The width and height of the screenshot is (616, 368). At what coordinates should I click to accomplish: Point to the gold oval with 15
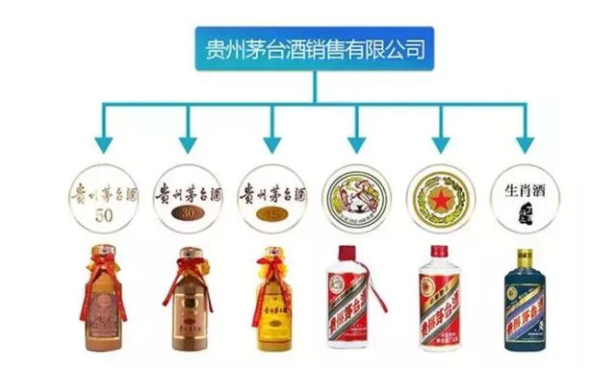tap(269, 213)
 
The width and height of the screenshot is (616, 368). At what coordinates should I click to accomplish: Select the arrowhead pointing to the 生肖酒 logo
tap(525, 144)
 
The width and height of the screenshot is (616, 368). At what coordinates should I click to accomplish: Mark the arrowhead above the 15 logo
tap(270, 144)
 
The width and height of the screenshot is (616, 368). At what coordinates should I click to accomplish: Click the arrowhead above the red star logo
tap(440, 144)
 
